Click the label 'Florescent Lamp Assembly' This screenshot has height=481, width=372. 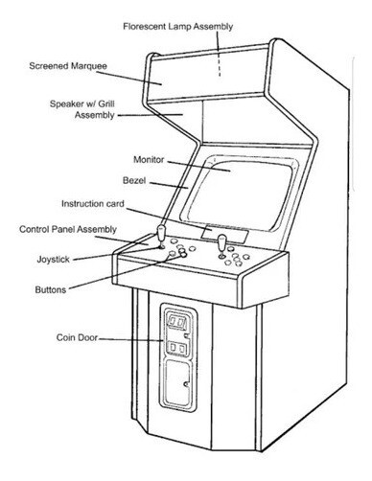click(x=178, y=27)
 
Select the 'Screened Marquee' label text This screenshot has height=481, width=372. click(x=68, y=66)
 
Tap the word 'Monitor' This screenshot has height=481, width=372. click(x=149, y=159)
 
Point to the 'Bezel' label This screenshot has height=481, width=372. click(x=134, y=180)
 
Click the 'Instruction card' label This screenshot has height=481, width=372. click(x=93, y=204)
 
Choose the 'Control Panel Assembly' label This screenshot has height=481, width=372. click(x=68, y=229)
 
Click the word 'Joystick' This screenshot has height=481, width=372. click(x=53, y=259)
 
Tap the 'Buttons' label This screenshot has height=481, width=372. click(x=51, y=290)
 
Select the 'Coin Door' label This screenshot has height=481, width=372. click(x=77, y=337)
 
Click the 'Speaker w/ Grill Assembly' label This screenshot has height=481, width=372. click(x=82, y=109)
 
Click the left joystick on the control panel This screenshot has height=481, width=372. click(x=161, y=237)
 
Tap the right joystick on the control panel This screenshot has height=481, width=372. click(x=221, y=246)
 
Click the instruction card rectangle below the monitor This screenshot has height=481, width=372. click(x=224, y=235)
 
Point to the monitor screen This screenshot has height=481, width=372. click(x=239, y=194)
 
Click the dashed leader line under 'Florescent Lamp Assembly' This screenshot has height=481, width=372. click(x=219, y=54)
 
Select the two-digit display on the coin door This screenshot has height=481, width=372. click(x=176, y=323)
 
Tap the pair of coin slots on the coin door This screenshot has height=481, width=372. click(x=177, y=348)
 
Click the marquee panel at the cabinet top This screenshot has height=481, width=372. click(x=209, y=76)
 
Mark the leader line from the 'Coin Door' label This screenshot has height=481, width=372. click(x=130, y=339)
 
